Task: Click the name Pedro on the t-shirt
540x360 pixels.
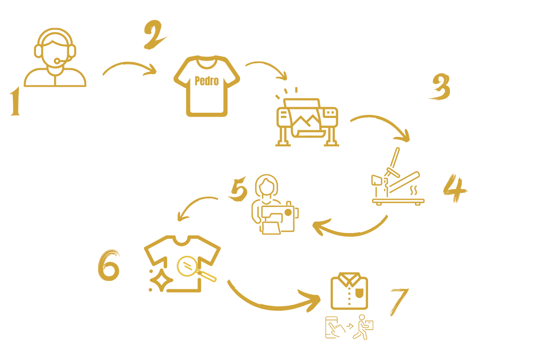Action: click(207, 81)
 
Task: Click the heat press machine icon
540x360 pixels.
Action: click(396, 180)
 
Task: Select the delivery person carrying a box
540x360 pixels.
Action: click(364, 327)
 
